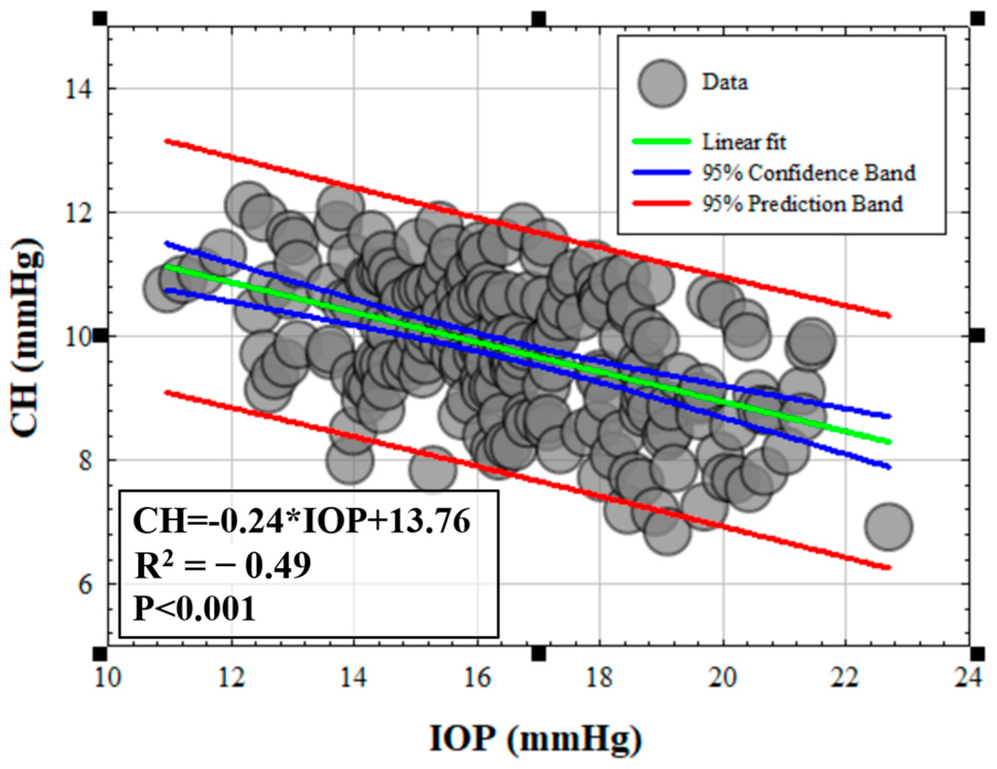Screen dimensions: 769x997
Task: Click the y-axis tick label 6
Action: coord(85,585)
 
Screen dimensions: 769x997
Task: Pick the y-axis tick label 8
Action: coord(85,461)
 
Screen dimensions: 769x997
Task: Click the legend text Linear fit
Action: coord(744,142)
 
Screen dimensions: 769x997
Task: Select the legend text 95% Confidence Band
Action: coord(808,173)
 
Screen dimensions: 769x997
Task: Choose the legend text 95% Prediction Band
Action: coord(802,204)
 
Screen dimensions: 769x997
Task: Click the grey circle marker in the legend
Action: coord(662,83)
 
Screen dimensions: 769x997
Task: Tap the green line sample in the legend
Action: coord(661,141)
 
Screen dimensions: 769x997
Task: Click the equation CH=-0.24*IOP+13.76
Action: coord(301,521)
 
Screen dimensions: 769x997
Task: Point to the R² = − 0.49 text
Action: coord(222,565)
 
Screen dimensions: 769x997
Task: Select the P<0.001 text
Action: coord(195,609)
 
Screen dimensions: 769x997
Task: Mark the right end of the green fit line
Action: coord(888,442)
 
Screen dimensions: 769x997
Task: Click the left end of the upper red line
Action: coord(166,141)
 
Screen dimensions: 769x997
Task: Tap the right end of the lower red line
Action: coord(888,568)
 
